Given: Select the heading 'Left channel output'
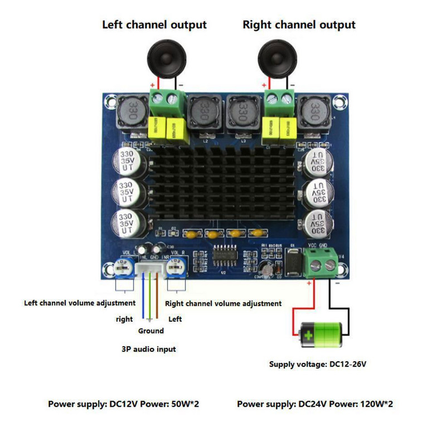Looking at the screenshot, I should [154, 25].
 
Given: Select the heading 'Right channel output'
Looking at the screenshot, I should [299, 25].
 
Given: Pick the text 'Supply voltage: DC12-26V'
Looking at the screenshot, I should [318, 365].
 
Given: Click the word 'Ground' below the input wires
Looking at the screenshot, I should [151, 331].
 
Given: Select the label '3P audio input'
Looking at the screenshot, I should [149, 349].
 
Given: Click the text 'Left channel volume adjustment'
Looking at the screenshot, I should [80, 303].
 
